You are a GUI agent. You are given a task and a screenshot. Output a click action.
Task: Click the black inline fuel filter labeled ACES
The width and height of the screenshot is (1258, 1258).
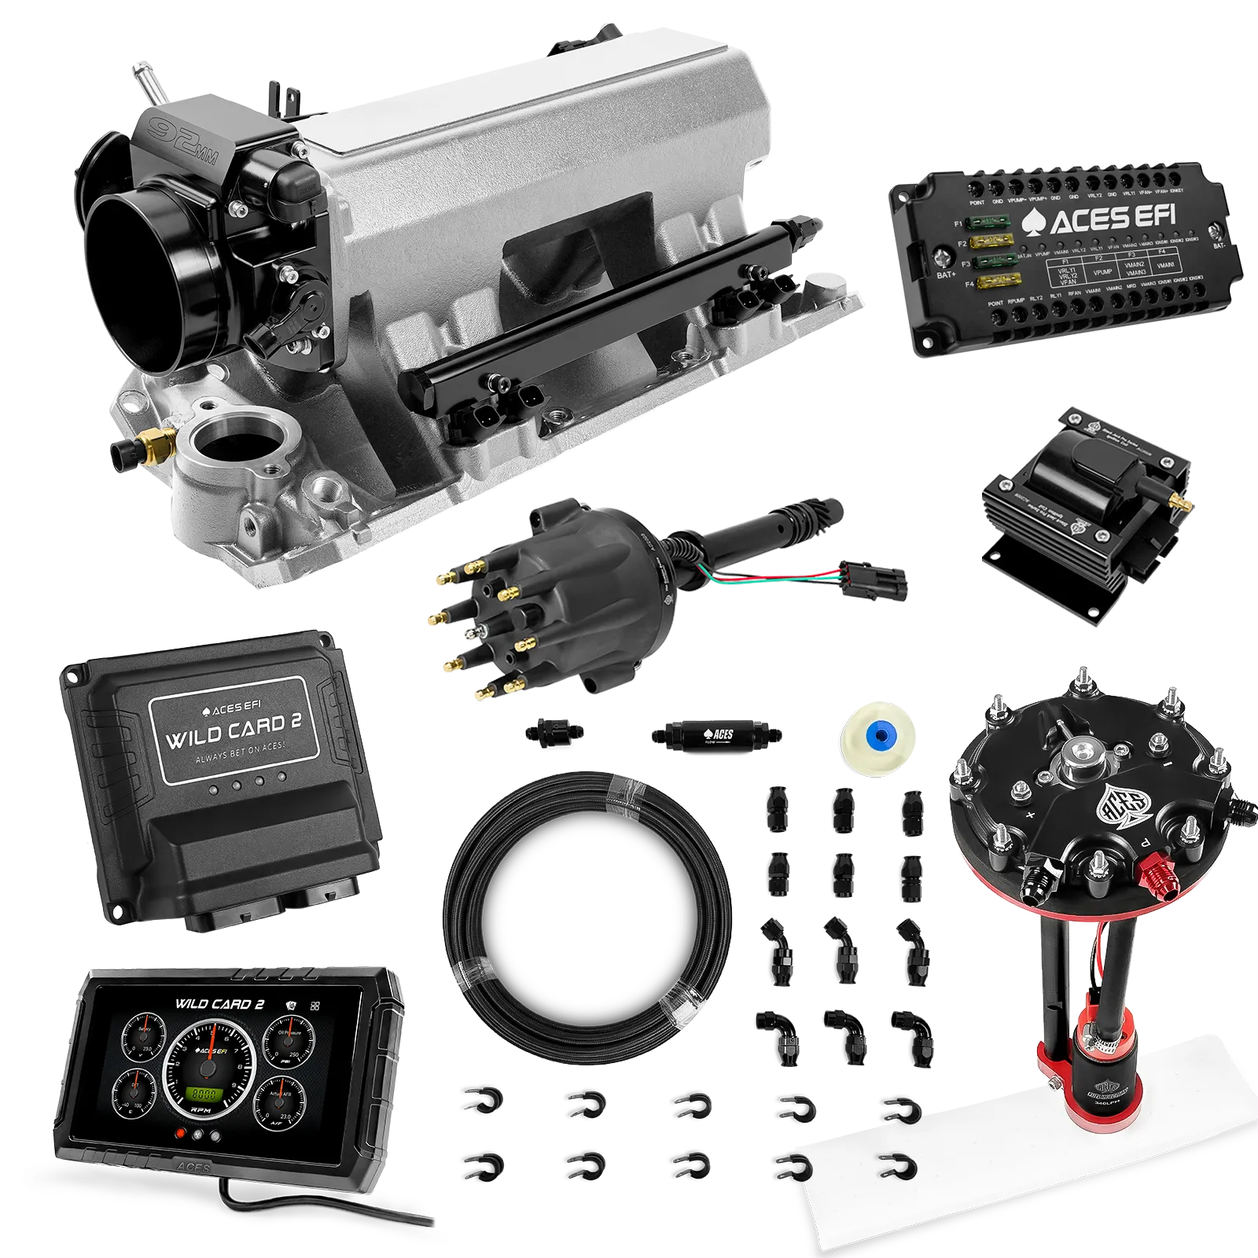715,735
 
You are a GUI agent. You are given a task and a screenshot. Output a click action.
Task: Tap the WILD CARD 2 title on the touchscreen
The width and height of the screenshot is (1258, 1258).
219,1003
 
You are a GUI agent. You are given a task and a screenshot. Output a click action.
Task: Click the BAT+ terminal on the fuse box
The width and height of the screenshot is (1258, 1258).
941,257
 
